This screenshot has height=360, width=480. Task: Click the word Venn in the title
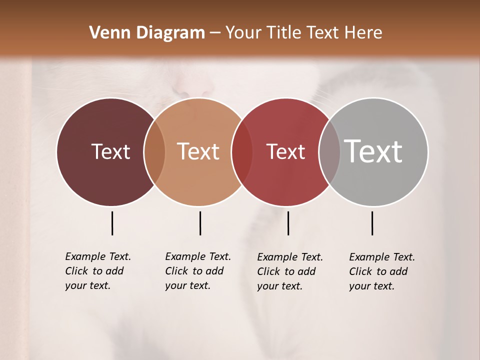click(x=105, y=33)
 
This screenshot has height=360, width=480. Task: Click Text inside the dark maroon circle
click(x=110, y=151)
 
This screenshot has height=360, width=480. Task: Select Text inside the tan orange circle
click(x=198, y=151)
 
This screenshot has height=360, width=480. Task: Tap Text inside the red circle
click(x=285, y=151)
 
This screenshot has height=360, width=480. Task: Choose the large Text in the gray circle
click(x=373, y=151)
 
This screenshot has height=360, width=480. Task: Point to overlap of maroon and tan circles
click(x=154, y=152)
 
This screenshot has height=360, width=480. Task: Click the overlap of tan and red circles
click(x=242, y=152)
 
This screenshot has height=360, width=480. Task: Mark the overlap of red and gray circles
click(x=329, y=152)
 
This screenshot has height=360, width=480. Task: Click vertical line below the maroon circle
click(x=112, y=223)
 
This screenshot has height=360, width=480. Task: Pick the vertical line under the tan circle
click(x=200, y=223)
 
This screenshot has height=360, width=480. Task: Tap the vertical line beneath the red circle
click(x=288, y=223)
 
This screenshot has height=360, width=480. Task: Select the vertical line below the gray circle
click(x=372, y=223)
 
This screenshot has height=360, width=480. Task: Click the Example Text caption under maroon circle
click(x=98, y=271)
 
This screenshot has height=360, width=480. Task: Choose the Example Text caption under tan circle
click(x=198, y=271)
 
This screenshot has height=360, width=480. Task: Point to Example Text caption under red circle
click(x=290, y=271)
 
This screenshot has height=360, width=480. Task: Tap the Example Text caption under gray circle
click(x=382, y=271)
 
